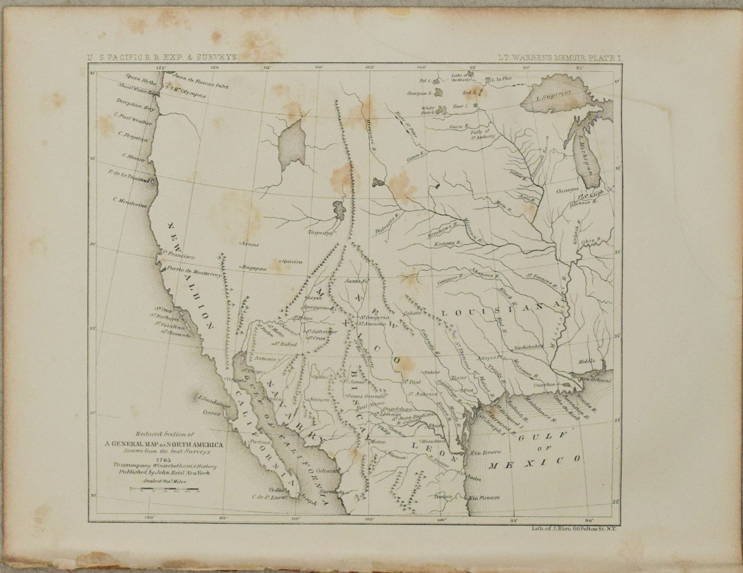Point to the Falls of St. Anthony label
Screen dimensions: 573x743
click(x=484, y=134)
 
